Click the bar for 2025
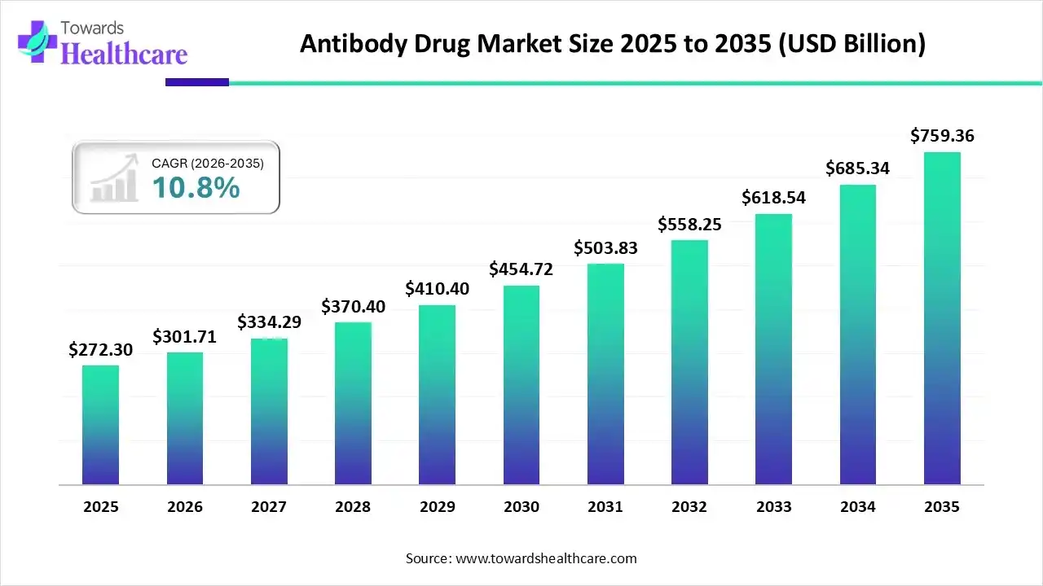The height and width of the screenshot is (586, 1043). pyautogui.click(x=100, y=425)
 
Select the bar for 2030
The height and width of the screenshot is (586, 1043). pyautogui.click(x=521, y=385)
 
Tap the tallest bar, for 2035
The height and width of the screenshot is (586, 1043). pyautogui.click(x=942, y=318)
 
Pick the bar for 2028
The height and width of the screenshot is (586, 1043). pyautogui.click(x=353, y=404)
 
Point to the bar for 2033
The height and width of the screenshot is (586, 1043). pyautogui.click(x=773, y=349)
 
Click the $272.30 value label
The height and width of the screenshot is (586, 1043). pyautogui.click(x=100, y=350)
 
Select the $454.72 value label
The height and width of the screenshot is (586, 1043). pyautogui.click(x=521, y=269)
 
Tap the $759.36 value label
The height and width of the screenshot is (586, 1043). pyautogui.click(x=942, y=136)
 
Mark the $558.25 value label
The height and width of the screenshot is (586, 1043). pyautogui.click(x=689, y=225)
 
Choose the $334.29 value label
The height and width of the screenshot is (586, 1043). pyautogui.click(x=269, y=322)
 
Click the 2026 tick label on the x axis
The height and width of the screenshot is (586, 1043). pyautogui.click(x=185, y=507)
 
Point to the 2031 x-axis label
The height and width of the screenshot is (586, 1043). pyautogui.click(x=605, y=507)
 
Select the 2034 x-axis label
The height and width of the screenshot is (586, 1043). pyautogui.click(x=858, y=507)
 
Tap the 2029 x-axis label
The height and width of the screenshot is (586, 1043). pyautogui.click(x=437, y=507)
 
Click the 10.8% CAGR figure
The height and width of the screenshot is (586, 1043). pyautogui.click(x=196, y=189)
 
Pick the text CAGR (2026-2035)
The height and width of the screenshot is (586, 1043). pyautogui.click(x=208, y=164)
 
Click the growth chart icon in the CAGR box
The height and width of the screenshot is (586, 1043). pyautogui.click(x=114, y=180)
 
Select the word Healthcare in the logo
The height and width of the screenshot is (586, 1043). pyautogui.click(x=124, y=54)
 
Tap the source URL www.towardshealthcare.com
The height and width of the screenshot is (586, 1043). pyautogui.click(x=545, y=558)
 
